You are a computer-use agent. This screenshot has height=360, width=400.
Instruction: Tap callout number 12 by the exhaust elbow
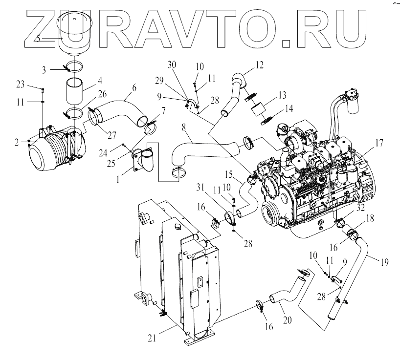click(x=259, y=64)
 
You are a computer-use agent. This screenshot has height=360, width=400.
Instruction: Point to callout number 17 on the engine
click(x=380, y=144)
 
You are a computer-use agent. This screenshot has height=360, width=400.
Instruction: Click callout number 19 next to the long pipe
click(x=384, y=261)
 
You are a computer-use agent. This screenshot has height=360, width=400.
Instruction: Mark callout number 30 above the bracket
click(x=171, y=65)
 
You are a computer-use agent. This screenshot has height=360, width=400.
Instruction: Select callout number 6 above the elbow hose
click(x=133, y=89)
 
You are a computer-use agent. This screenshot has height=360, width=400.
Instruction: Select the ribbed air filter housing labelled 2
click(x=51, y=150)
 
